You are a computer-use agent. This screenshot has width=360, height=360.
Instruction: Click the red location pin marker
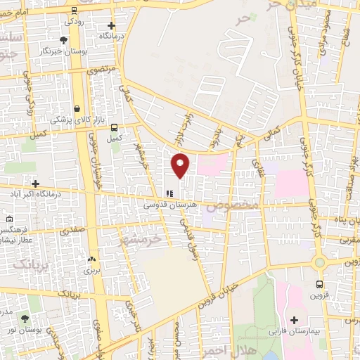point(181,165)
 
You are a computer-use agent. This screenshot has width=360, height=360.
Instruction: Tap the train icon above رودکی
point(75,11)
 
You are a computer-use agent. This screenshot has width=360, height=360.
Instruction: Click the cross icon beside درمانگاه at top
point(110,25)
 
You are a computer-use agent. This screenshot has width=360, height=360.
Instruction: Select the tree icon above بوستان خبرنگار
point(64,40)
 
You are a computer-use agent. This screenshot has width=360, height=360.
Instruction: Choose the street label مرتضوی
point(98,71)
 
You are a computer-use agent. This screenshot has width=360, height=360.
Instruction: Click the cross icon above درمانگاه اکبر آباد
point(35,183)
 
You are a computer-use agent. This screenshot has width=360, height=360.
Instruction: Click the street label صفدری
point(73,230)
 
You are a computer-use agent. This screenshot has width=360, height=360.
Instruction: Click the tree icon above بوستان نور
point(25,319)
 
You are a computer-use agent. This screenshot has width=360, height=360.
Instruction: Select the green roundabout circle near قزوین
point(320,262)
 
